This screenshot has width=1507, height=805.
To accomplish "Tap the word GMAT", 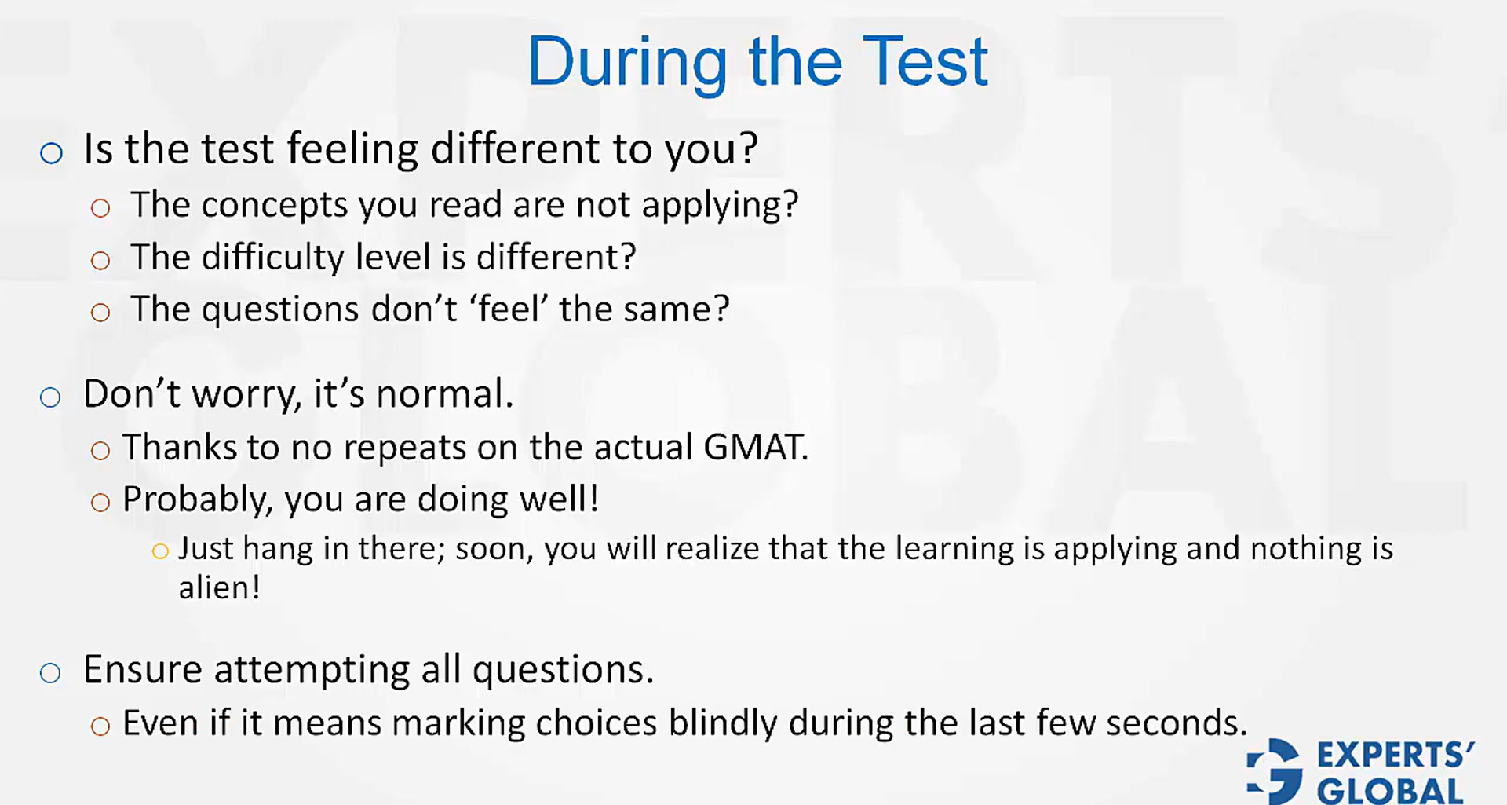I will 755,447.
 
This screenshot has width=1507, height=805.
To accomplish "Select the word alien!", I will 219,587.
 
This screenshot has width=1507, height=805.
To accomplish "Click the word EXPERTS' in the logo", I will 1395,756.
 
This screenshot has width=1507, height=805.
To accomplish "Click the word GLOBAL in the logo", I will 1389,790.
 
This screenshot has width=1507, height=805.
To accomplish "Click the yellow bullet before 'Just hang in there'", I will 160,551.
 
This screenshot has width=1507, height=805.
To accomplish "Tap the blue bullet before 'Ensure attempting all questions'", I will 50,673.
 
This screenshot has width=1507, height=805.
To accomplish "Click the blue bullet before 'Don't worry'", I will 50,397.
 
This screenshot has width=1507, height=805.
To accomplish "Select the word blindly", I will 722,723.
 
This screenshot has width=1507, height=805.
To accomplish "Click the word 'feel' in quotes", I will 510,309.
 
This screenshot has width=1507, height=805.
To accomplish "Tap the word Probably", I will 197,499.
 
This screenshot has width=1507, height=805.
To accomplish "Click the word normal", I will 443,393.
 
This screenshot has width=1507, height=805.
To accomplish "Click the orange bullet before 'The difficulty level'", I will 100,261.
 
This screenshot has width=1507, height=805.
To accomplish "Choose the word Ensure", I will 143,670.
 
